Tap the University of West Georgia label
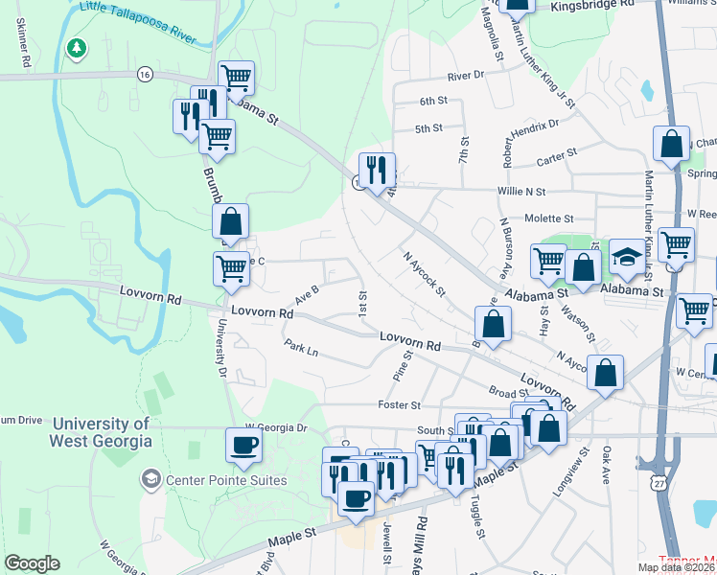(x=103, y=432)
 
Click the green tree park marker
(x=76, y=47)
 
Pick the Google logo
(x=32, y=563)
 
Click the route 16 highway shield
(x=145, y=74)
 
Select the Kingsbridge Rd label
(x=593, y=5)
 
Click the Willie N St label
(x=520, y=192)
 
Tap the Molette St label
(x=548, y=218)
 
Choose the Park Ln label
(x=300, y=347)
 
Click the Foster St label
(x=400, y=405)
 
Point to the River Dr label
(x=466, y=75)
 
